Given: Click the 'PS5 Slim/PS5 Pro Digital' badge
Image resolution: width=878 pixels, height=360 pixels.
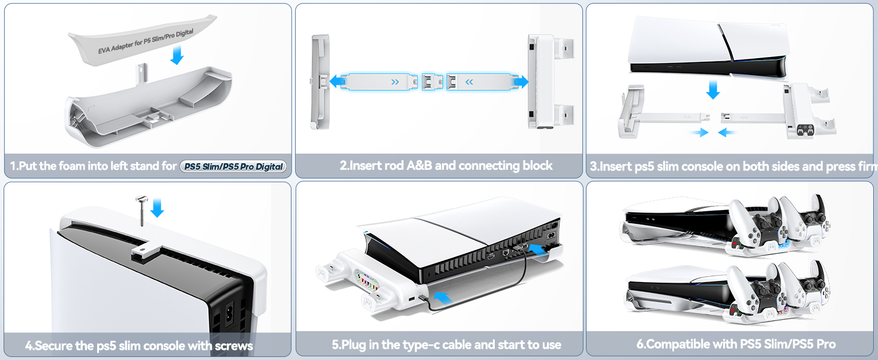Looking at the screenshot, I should pyautogui.click(x=233, y=166).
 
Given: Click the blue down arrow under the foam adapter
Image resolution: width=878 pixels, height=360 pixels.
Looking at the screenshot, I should pyautogui.click(x=177, y=56).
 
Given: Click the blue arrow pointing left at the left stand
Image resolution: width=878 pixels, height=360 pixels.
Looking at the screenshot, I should pyautogui.click(x=338, y=81).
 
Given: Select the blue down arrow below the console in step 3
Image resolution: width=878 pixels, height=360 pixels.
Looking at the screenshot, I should pyautogui.click(x=712, y=90).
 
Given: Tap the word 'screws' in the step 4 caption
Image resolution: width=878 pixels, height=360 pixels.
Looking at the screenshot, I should pyautogui.click(x=231, y=346).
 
